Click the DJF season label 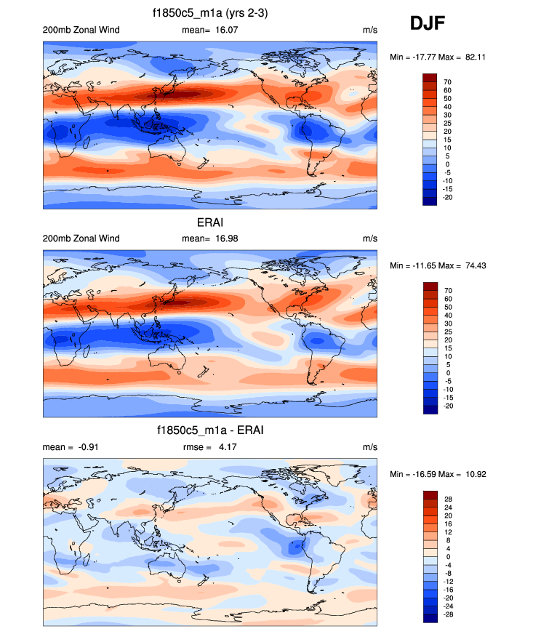pyautogui.click(x=428, y=23)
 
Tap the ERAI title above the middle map pyautogui.click(x=210, y=222)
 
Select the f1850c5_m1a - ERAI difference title pyautogui.click(x=210, y=430)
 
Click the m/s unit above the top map pyautogui.click(x=369, y=30)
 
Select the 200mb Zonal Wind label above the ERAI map pyautogui.click(x=81, y=238)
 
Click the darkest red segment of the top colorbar pyautogui.click(x=429, y=77)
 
